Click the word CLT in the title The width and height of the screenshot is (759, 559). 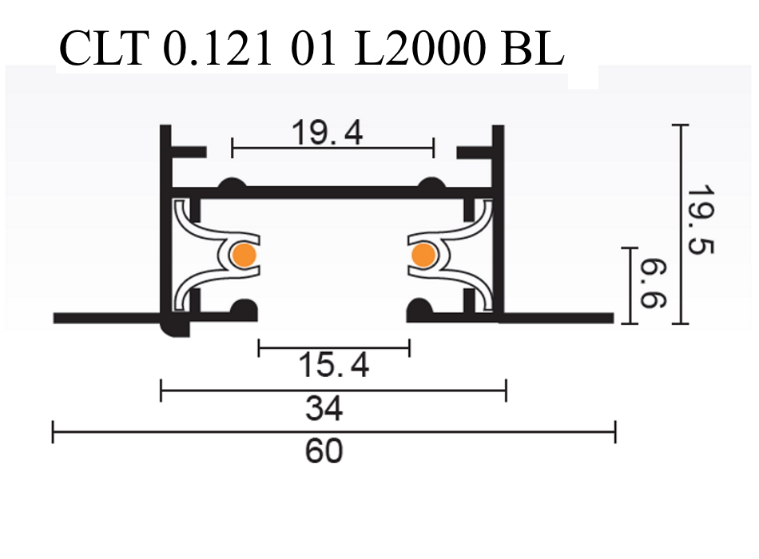[104, 50]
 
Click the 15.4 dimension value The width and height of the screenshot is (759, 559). [334, 367]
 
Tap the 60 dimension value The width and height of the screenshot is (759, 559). [324, 451]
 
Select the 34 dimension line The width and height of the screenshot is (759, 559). [240, 391]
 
